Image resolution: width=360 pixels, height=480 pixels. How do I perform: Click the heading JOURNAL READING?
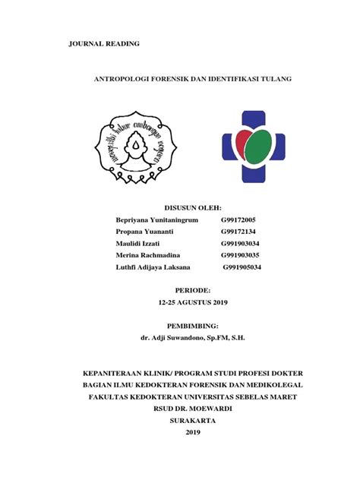click(x=104, y=44)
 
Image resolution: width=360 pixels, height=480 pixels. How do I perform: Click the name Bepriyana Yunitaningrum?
click(x=157, y=219)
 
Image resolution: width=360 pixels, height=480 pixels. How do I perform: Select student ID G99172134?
click(x=239, y=231)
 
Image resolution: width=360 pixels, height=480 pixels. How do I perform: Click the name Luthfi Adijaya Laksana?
click(x=153, y=267)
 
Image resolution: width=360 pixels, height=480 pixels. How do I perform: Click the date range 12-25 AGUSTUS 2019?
click(x=192, y=303)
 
